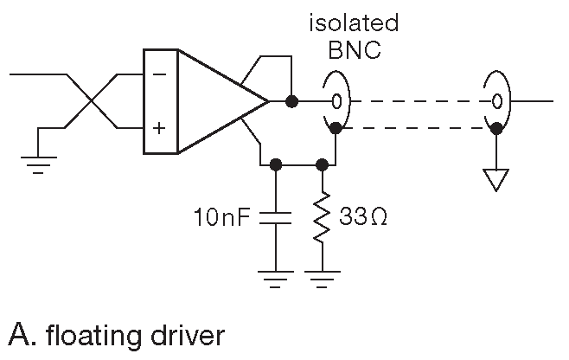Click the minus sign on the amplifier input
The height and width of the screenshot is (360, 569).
[159, 75]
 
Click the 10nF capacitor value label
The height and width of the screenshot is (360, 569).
[222, 215]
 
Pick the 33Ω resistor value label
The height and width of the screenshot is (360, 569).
[363, 215]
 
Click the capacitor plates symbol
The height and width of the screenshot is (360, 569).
[275, 217]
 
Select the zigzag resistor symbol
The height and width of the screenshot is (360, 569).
[323, 216]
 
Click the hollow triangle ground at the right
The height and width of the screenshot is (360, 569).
[495, 179]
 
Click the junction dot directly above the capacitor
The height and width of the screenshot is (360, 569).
[275, 163]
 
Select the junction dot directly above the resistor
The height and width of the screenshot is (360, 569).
[323, 163]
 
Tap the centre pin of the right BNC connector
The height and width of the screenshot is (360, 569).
[495, 102]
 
